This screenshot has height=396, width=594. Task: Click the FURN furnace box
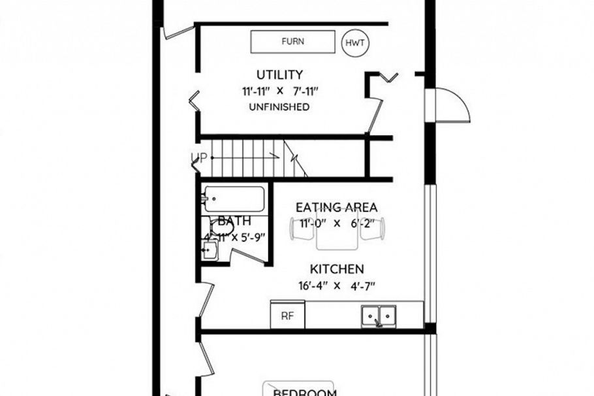(x=292, y=42)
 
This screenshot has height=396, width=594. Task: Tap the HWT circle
(x=356, y=43)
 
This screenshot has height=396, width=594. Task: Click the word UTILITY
(x=279, y=74)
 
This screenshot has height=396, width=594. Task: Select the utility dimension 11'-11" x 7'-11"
(x=279, y=91)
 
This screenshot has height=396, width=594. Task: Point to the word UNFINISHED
(x=279, y=107)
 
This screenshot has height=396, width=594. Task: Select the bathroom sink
(x=210, y=250)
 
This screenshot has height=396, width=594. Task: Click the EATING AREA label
(x=336, y=208)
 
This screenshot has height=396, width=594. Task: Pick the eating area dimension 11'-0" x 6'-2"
(x=336, y=223)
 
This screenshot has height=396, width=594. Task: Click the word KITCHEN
(x=337, y=269)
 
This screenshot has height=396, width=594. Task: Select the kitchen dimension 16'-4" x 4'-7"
(x=337, y=286)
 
